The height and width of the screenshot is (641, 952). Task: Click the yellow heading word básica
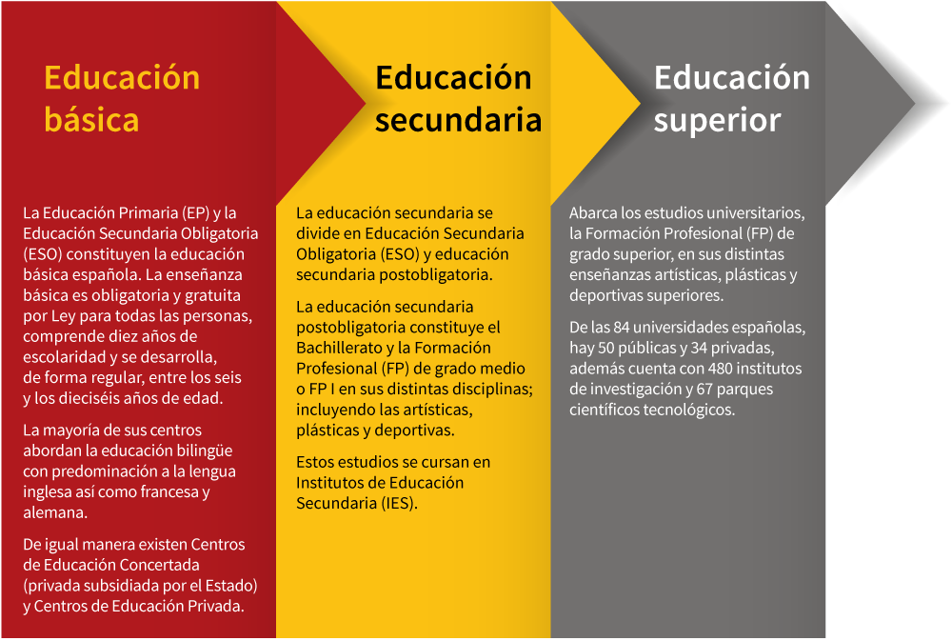pos(91,120)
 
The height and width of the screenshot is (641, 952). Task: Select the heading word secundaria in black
pos(459,120)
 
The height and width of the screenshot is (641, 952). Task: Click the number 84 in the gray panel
pos(621,328)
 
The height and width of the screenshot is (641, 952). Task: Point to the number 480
pos(720,369)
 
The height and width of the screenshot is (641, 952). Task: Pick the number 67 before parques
pos(704,390)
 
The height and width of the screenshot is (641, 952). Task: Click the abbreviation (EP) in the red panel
pos(195,213)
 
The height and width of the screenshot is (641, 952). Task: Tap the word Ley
pos(63,316)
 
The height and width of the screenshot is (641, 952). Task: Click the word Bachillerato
pos(339,349)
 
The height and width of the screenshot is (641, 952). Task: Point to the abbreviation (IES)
pos(400,504)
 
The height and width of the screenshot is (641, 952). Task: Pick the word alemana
pos(55,512)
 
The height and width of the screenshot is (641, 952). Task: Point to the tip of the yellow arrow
pos(640,104)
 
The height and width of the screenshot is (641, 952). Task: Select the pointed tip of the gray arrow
pos(914,104)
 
